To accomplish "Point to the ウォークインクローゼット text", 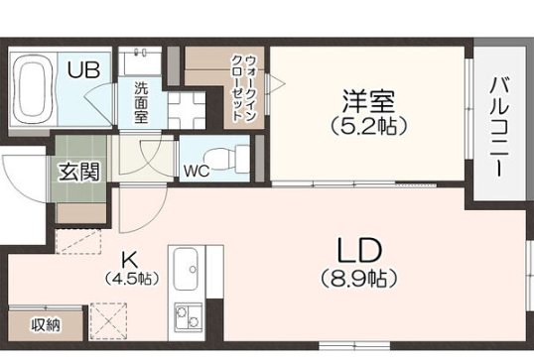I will point(242,87).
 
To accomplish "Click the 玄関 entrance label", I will point(78,172).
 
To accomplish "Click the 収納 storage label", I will point(45,325).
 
